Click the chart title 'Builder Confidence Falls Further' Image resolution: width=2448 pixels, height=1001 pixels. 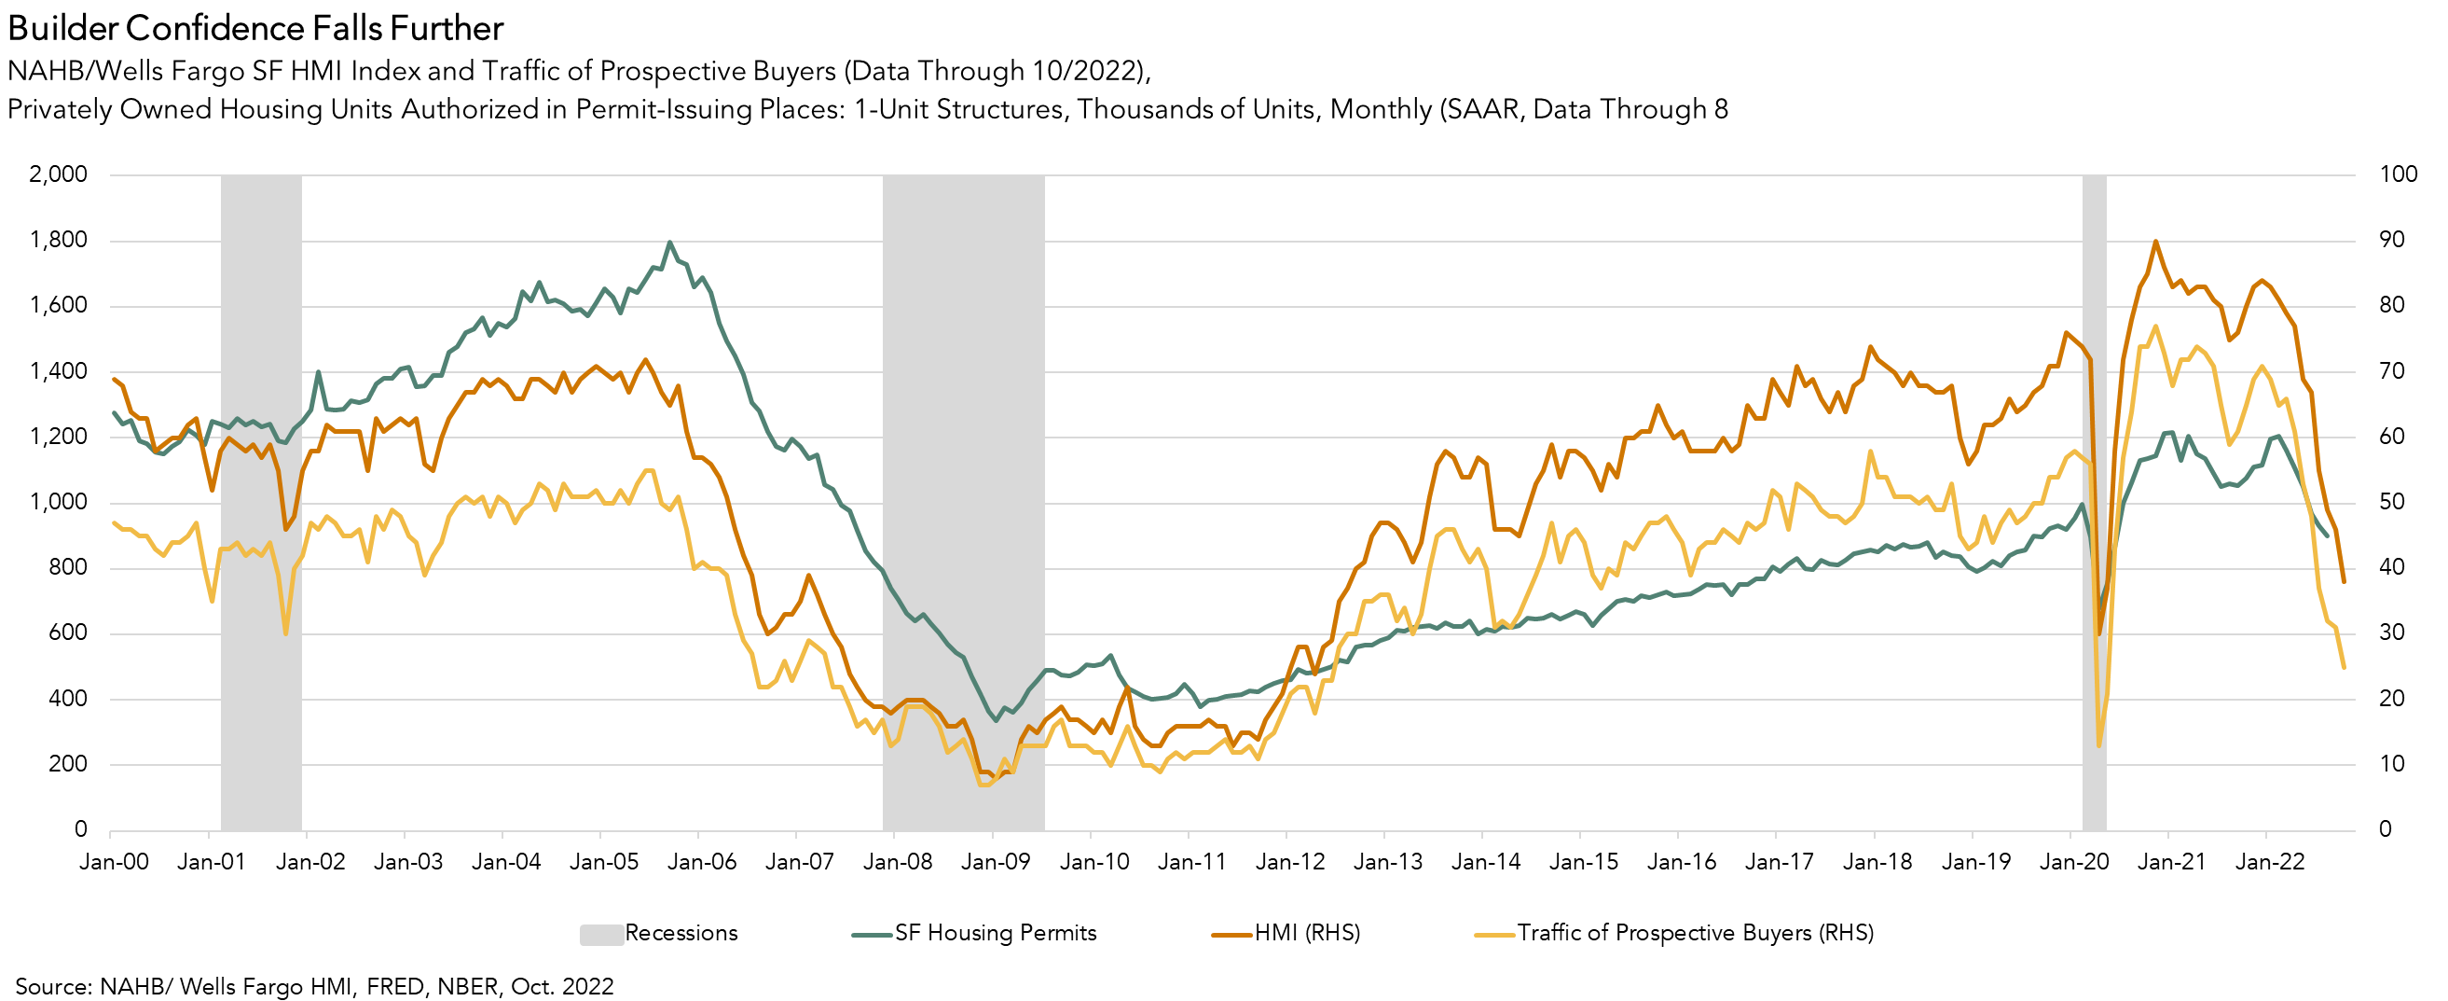(254, 29)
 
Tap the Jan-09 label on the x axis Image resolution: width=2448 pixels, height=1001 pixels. (995, 862)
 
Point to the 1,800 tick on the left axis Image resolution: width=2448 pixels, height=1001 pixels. (59, 240)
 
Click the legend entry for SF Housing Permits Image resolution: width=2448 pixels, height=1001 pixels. (994, 933)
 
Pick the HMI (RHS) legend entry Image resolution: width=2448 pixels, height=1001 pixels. (1307, 933)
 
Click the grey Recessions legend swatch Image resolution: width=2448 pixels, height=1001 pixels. (600, 934)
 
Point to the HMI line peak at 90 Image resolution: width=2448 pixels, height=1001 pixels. (2155, 242)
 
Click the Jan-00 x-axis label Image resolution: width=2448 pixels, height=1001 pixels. (114, 862)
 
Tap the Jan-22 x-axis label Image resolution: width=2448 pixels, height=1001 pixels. (2270, 862)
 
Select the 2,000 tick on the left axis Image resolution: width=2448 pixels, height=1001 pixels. (59, 174)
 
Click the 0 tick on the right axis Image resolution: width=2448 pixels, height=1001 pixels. (2386, 830)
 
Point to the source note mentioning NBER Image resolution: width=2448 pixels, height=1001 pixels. (313, 986)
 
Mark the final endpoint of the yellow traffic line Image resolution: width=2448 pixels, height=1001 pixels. (2345, 667)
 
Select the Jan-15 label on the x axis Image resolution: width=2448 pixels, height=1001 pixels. (1583, 862)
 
